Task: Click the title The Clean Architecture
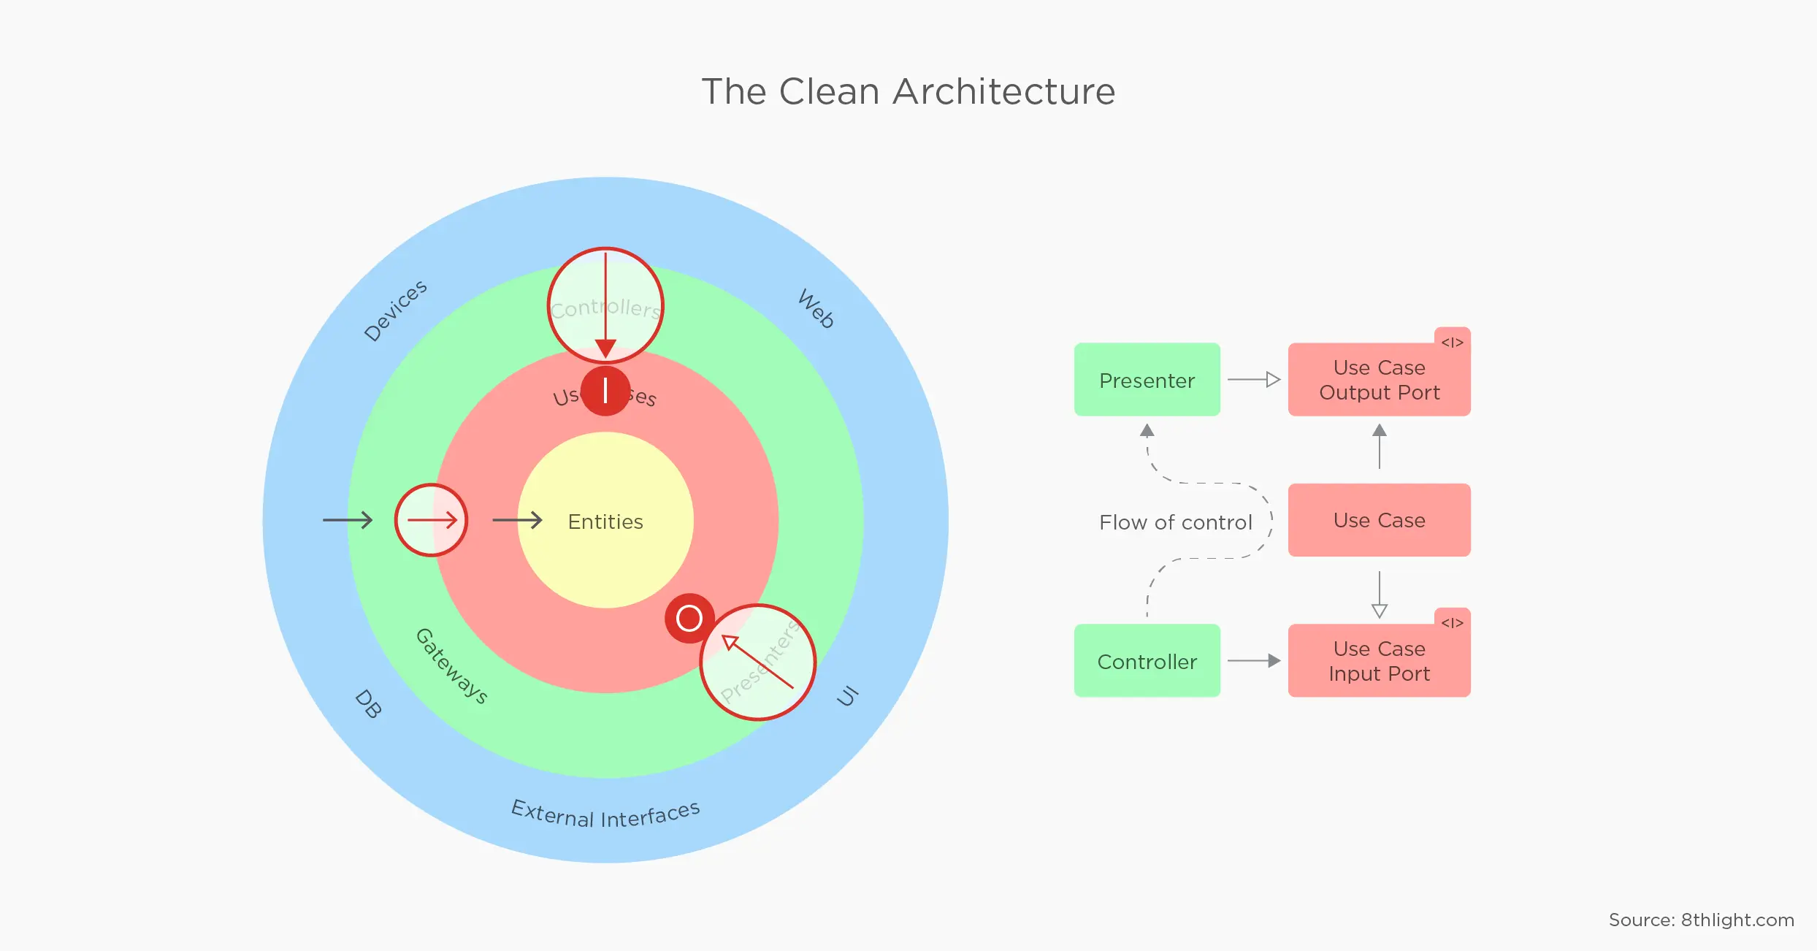point(908,92)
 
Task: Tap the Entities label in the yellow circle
point(605,522)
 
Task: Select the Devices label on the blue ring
point(395,310)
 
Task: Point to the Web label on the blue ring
point(816,308)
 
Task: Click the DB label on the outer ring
point(368,704)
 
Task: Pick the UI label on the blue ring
point(847,696)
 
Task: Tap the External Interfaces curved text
point(605,814)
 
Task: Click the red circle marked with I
point(605,391)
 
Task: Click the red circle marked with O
point(689,618)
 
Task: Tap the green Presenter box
point(1147,380)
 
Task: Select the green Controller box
point(1147,661)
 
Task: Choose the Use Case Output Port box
point(1379,380)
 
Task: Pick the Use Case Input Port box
point(1379,661)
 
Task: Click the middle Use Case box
point(1379,520)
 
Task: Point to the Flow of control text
point(1175,522)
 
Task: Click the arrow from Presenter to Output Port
point(1253,380)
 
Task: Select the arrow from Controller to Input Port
point(1253,661)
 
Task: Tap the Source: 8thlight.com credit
point(1701,920)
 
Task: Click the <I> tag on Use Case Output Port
point(1452,343)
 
